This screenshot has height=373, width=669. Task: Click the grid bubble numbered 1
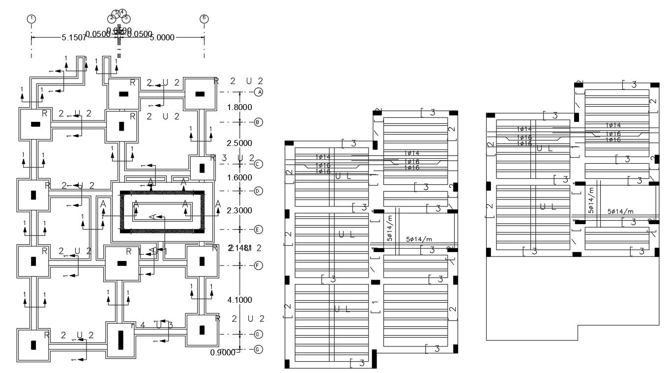pyautogui.click(x=31, y=19)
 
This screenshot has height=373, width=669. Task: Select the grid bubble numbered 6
pyautogui.click(x=204, y=19)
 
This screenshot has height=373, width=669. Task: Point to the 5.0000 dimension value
pyautogui.click(x=162, y=37)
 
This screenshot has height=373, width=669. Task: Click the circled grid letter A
pyautogui.click(x=259, y=92)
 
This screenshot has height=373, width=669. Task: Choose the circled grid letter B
pyautogui.click(x=259, y=122)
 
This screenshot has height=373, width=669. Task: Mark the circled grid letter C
pyautogui.click(x=259, y=164)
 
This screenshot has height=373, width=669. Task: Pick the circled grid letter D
pyautogui.click(x=259, y=191)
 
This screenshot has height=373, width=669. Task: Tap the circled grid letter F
pyautogui.click(x=259, y=265)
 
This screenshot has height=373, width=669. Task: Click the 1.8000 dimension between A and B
pyautogui.click(x=239, y=107)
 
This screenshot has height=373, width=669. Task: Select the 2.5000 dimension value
pyautogui.click(x=239, y=143)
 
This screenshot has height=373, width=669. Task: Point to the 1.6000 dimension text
pyautogui.click(x=239, y=177)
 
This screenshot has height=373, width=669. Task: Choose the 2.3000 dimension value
pyautogui.click(x=239, y=210)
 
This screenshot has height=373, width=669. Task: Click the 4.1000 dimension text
pyautogui.click(x=239, y=300)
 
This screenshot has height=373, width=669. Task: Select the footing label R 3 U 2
pyautogui.click(x=232, y=158)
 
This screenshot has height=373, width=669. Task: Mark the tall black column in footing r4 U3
pyautogui.click(x=120, y=340)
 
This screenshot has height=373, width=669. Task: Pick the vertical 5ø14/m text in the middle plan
pyautogui.click(x=390, y=228)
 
